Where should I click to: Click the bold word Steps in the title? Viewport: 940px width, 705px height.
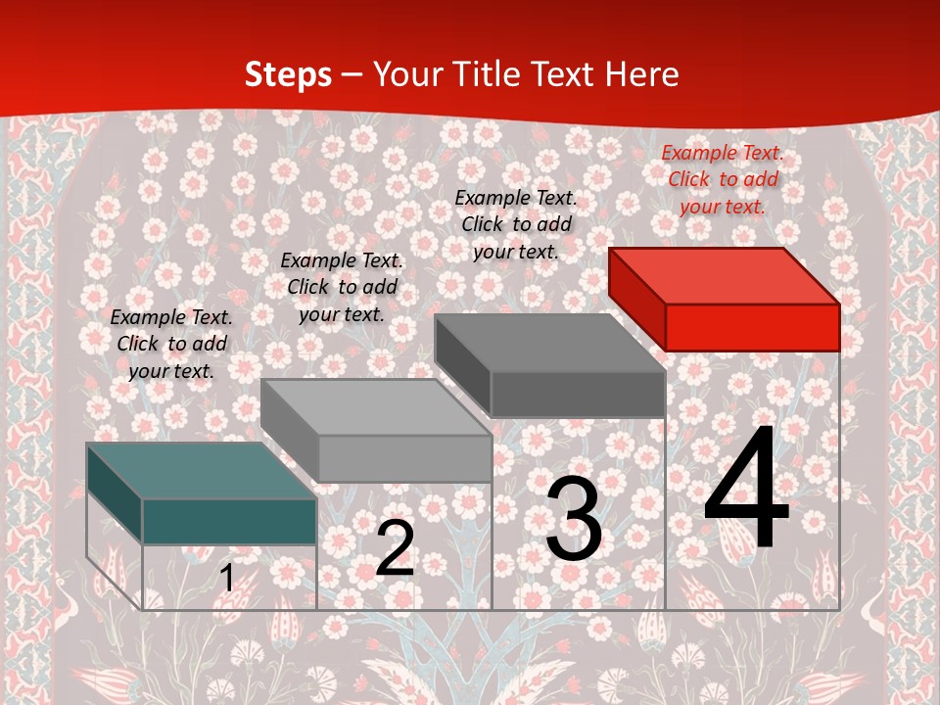(x=287, y=74)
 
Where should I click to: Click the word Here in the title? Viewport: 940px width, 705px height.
(x=641, y=74)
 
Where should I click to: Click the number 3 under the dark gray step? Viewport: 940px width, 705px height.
(x=574, y=520)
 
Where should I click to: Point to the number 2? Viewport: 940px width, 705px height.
(x=395, y=548)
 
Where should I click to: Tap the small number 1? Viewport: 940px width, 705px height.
(x=227, y=578)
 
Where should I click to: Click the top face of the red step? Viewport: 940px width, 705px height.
(x=723, y=275)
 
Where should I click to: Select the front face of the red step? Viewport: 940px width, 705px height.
(x=752, y=327)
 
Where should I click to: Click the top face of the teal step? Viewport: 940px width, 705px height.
(x=201, y=470)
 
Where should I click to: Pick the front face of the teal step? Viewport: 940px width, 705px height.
(x=229, y=521)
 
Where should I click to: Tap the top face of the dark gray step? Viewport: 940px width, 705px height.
(x=548, y=343)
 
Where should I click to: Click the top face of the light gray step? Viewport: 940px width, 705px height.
(x=375, y=406)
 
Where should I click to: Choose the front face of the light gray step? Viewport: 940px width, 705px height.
(x=404, y=458)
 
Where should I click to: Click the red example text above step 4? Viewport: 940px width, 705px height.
(x=723, y=179)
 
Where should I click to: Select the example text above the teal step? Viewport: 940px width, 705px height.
(x=171, y=344)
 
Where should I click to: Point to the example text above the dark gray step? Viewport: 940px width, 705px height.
(x=516, y=224)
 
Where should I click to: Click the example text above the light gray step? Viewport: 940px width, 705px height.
(x=342, y=287)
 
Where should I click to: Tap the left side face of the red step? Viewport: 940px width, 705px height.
(x=636, y=299)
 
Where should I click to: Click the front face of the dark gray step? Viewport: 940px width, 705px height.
(x=578, y=394)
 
